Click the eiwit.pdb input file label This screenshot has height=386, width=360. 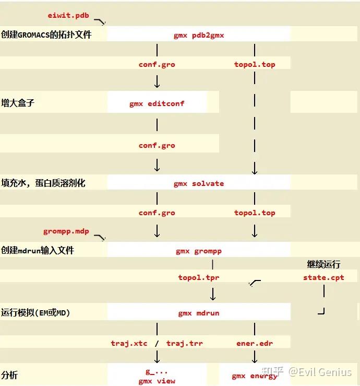click(68, 16)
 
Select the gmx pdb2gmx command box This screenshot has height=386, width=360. click(199, 36)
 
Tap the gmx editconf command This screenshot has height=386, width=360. click(157, 103)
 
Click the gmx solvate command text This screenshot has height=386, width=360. click(199, 183)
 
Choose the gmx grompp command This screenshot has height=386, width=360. click(199, 251)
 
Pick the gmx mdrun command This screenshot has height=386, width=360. click(199, 313)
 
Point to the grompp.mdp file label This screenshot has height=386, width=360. click(66, 231)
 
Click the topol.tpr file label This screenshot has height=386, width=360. click(199, 277)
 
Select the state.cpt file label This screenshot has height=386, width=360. click(323, 277)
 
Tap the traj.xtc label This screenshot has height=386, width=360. click(129, 343)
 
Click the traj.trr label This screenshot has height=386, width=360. click(185, 343)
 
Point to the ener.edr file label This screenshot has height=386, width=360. click(255, 343)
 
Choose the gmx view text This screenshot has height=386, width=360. click(157, 381)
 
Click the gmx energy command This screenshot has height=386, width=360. click(255, 376)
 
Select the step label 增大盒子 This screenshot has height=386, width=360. click(18, 103)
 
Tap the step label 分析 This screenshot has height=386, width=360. click(9, 375)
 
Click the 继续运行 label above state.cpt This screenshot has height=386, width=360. click(323, 265)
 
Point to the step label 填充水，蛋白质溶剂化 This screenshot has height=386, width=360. click(43, 183)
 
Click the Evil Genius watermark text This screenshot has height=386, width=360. click(321, 372)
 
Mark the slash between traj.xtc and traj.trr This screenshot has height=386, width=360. click(157, 343)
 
